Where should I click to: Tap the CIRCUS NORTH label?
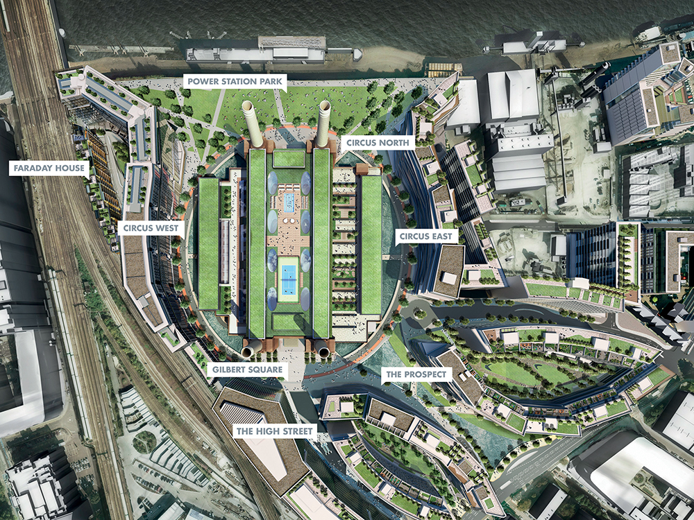(x=378, y=143)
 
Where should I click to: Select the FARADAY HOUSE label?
(x=48, y=168)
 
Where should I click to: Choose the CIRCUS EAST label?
(x=427, y=236)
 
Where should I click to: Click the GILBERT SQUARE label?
(x=247, y=370)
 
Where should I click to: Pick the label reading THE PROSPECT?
(x=416, y=375)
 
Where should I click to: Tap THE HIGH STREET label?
(x=275, y=431)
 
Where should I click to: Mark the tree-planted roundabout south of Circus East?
(x=420, y=314)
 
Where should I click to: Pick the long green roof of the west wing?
(x=208, y=243)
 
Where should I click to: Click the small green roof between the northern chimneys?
(x=288, y=159)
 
